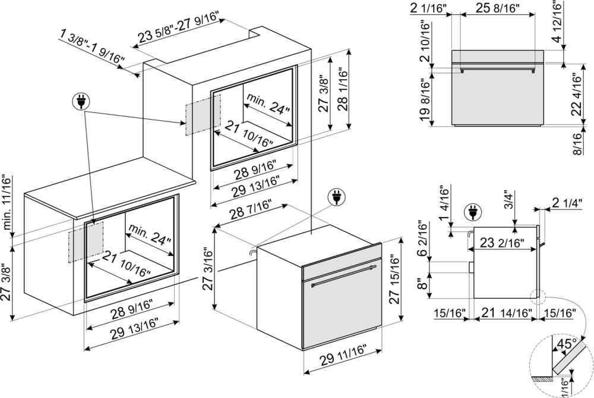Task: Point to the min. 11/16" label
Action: (x=7, y=202)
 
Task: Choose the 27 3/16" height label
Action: (x=208, y=269)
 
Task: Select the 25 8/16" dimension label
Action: (x=498, y=8)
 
